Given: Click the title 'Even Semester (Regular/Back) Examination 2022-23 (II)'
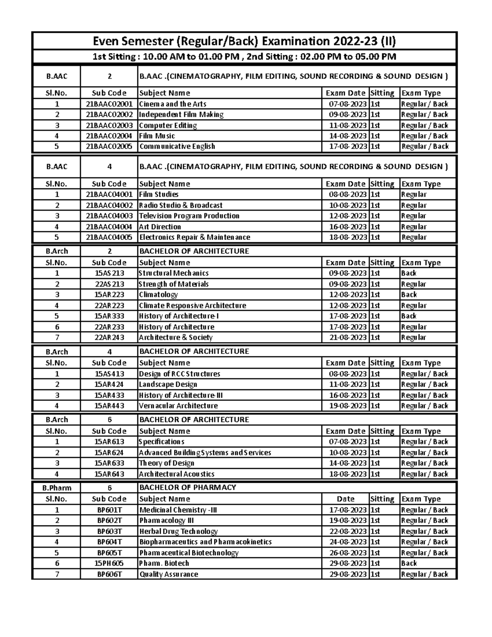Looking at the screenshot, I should tap(244, 41).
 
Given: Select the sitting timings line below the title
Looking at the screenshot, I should tap(244, 57).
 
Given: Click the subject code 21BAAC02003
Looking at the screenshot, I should tap(109, 126).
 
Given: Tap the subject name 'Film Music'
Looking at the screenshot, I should tap(157, 136).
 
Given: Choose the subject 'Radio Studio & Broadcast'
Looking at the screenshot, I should tap(181, 205).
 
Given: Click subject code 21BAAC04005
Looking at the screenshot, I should tap(109, 237).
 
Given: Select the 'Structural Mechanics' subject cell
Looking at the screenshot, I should tap(174, 273).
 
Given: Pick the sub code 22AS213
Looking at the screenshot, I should tap(109, 284).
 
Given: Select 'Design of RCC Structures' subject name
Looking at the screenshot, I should tap(180, 374).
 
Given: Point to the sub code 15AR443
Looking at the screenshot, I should tap(109, 406).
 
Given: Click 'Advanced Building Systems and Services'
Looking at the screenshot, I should tap(205, 452).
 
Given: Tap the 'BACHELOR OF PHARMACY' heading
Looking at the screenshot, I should tap(188, 487).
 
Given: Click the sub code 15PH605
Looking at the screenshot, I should tap(109, 563).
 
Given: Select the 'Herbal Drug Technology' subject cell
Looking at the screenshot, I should tap(178, 531).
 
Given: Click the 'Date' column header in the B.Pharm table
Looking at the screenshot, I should tap(345, 499).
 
